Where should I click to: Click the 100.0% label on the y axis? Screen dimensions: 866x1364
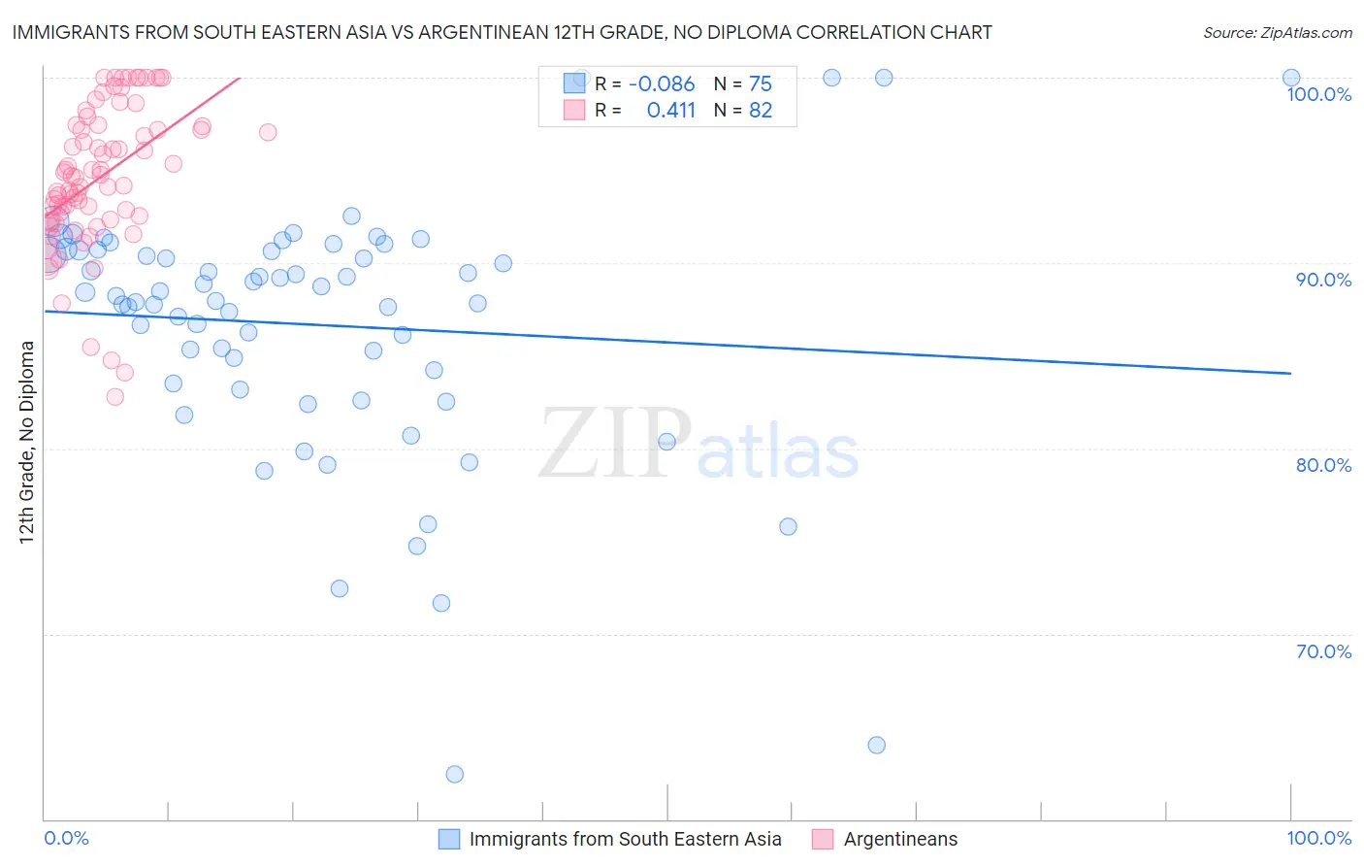point(1318,94)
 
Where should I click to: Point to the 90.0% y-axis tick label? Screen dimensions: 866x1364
point(1323,280)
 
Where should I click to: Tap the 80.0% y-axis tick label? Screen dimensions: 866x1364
point(1323,465)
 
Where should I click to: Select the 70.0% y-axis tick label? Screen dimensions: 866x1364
point(1323,651)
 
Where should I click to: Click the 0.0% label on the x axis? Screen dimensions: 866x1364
point(66,838)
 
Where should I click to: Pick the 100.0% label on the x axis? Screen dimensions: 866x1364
point(1318,838)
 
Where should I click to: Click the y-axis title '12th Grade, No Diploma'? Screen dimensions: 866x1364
point(27,442)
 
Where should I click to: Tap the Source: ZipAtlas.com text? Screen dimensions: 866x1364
point(1277,33)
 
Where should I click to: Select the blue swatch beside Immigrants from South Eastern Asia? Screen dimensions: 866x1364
point(449,839)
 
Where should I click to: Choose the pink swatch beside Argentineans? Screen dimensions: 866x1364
point(823,839)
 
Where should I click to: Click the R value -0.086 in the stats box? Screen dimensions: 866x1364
point(662,84)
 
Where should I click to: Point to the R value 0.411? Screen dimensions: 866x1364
point(671,111)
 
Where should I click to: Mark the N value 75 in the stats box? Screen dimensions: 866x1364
point(761,84)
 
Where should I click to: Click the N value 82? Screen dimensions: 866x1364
point(761,111)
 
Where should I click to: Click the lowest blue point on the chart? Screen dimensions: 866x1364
point(454,774)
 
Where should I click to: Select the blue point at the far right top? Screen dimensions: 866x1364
point(1291,78)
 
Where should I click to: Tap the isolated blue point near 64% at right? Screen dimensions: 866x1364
point(876,746)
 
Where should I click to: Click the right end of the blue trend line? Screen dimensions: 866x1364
point(1290,373)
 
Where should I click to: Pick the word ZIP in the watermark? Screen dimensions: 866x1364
point(614,445)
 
